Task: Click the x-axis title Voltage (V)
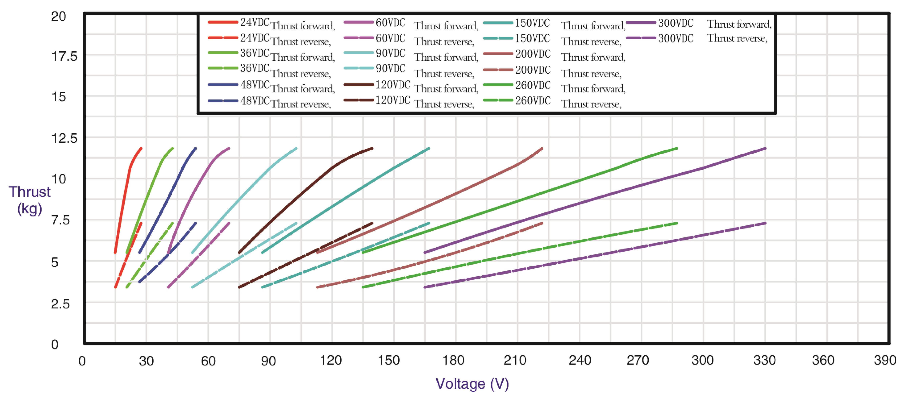(x=472, y=384)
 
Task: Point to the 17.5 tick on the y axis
(x=64, y=56)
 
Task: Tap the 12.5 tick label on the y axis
(x=64, y=138)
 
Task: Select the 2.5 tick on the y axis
(x=60, y=304)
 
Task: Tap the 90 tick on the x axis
(x=268, y=361)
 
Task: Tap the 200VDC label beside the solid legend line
(x=533, y=54)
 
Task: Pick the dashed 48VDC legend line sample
(x=223, y=101)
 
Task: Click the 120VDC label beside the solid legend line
(x=393, y=85)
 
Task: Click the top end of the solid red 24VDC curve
(x=141, y=148)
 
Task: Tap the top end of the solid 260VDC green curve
(x=677, y=148)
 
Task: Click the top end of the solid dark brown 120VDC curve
(x=372, y=148)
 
